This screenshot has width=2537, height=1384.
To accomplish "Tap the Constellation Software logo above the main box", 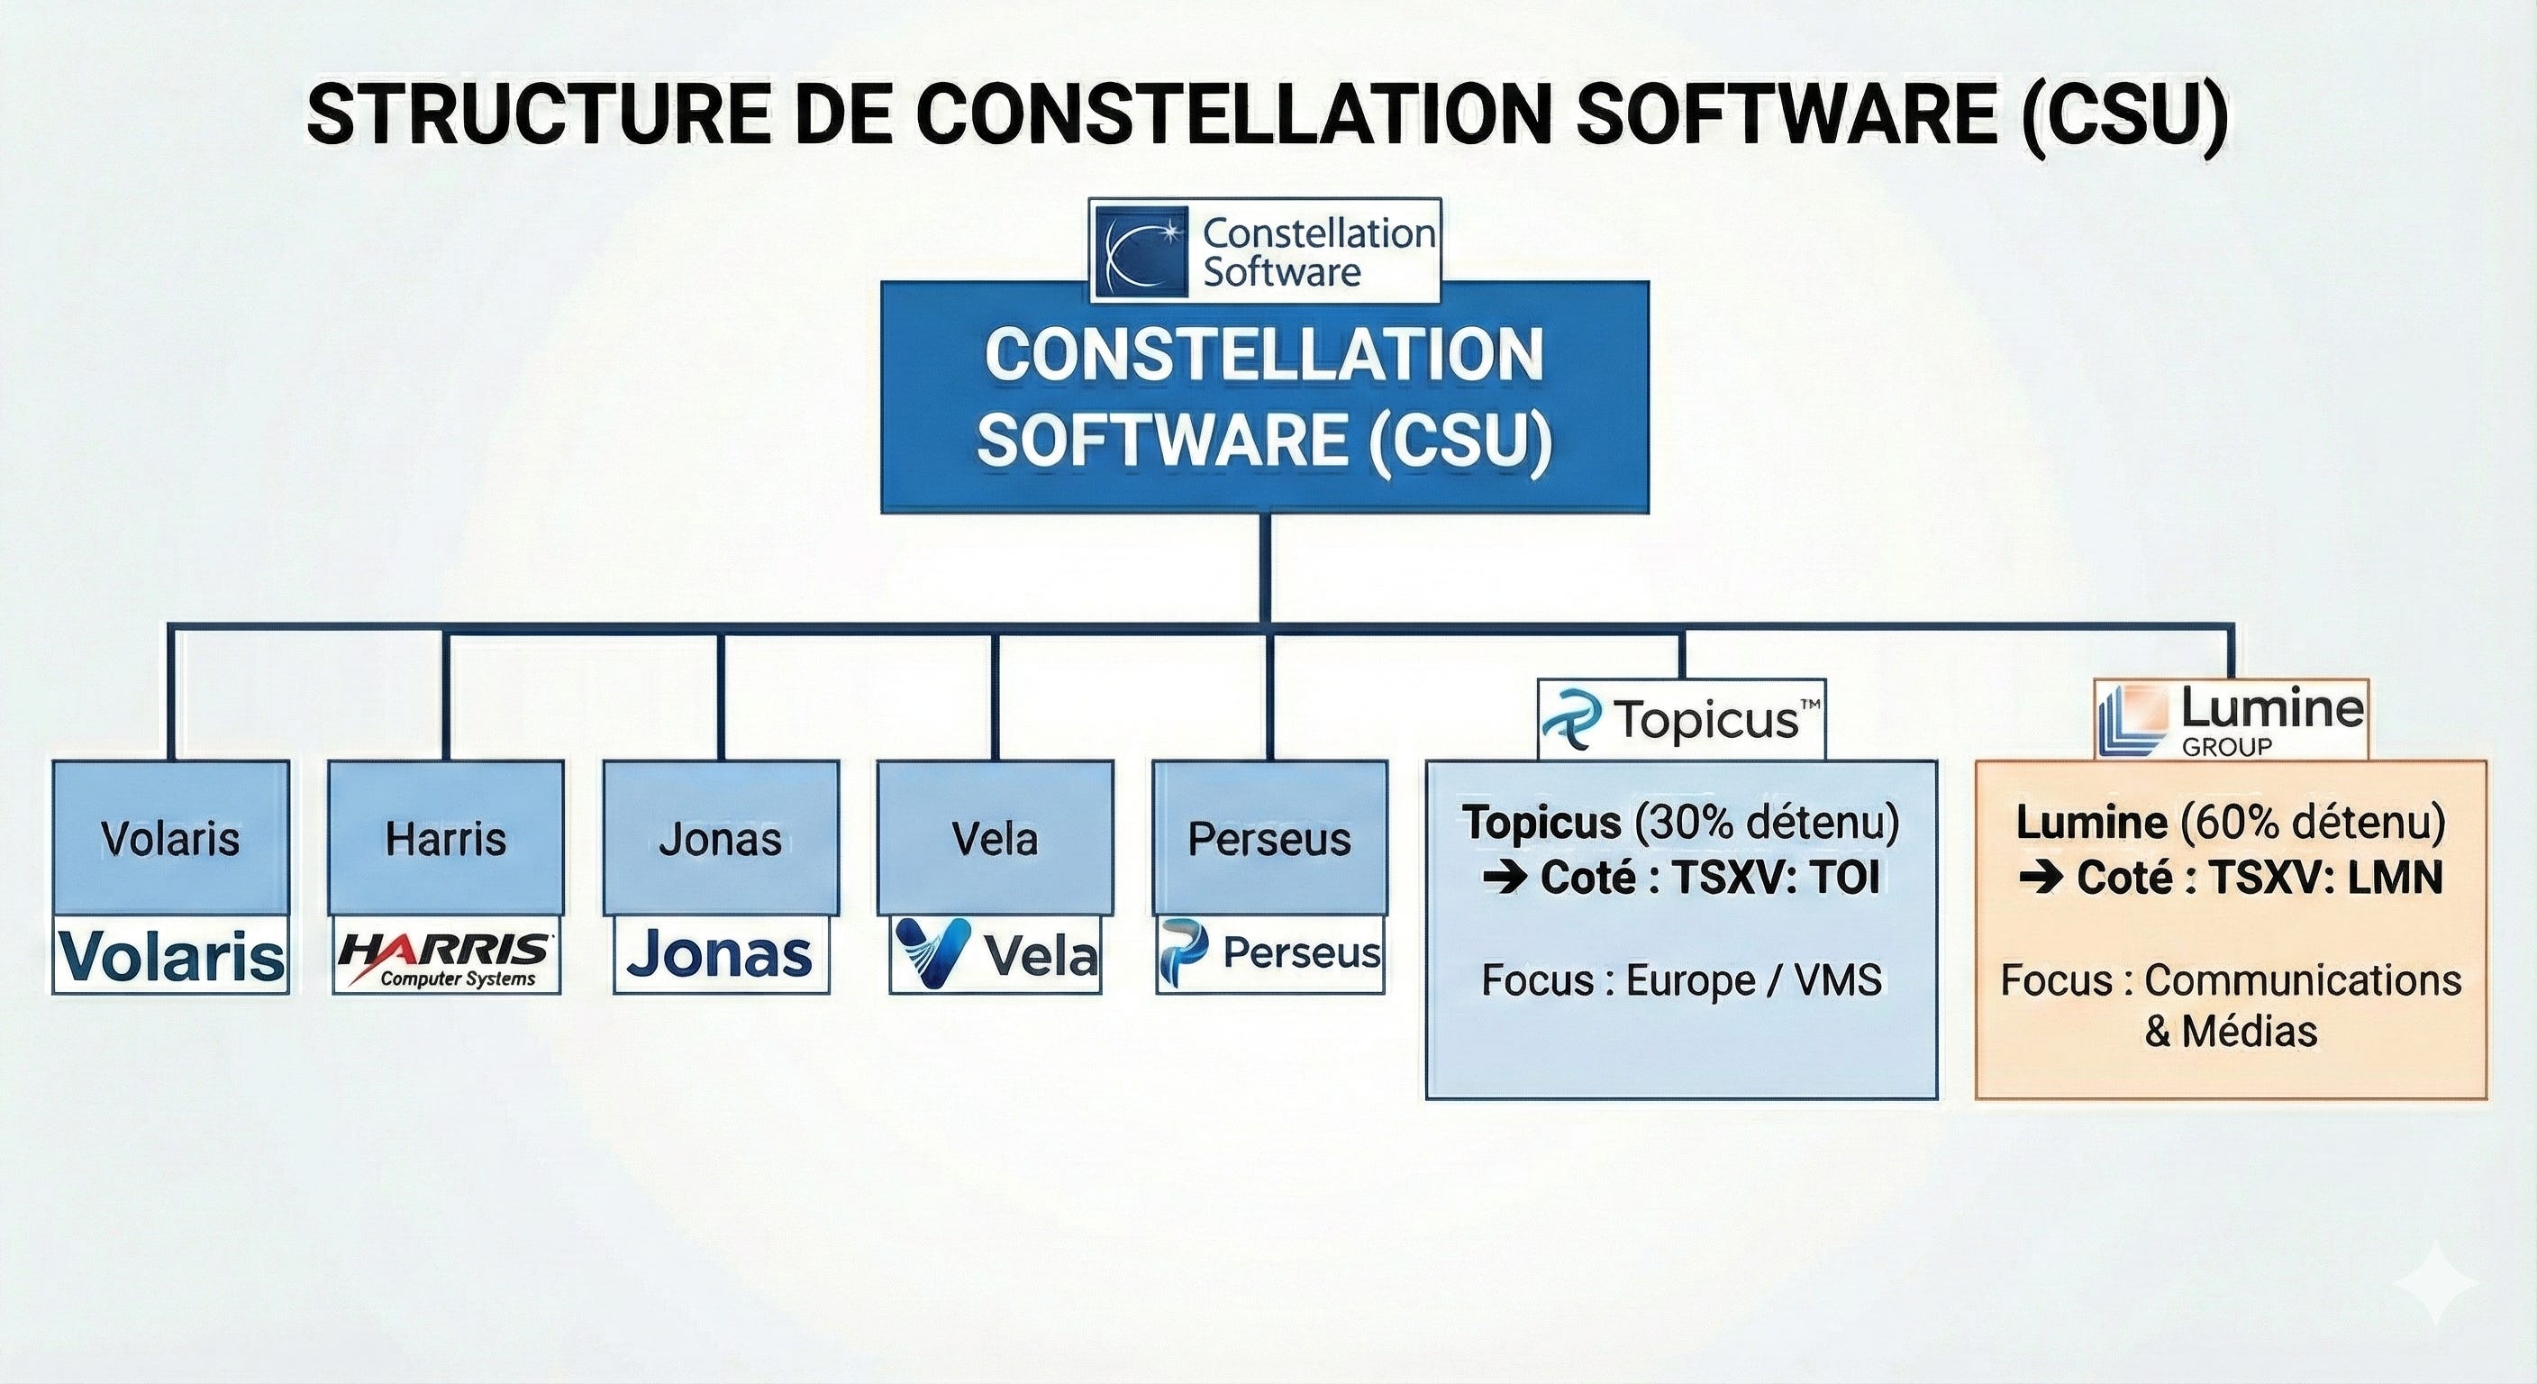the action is coord(1265,251).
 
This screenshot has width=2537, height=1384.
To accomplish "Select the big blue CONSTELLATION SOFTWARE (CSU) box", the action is coord(1265,398).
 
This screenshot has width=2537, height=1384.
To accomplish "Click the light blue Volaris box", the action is coord(170,837).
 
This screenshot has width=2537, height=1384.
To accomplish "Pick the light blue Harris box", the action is coord(446,837).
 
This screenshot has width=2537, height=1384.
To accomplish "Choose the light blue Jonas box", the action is coord(721,837).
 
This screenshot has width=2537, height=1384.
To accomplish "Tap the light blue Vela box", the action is coord(996,837).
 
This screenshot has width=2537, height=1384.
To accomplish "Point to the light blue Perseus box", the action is coord(1269,837).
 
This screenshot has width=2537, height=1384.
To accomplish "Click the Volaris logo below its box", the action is coord(171,954).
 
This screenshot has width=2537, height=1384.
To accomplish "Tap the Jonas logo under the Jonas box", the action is coord(721,954).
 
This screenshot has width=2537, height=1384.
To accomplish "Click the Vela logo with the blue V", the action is coord(996,954).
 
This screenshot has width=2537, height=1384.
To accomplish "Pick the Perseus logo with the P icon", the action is coord(1269,954).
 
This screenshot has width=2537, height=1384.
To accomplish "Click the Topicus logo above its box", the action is coord(1681,720).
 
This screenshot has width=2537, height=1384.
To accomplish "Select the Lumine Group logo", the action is coord(2231,720).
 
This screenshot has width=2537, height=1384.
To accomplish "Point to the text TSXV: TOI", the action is coord(1776,878).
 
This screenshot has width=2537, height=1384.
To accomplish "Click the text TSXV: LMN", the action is coord(2325,878).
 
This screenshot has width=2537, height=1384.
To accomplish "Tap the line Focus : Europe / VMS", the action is coord(1681,980).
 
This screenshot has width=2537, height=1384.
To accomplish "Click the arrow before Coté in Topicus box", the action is coord(1505,878).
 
